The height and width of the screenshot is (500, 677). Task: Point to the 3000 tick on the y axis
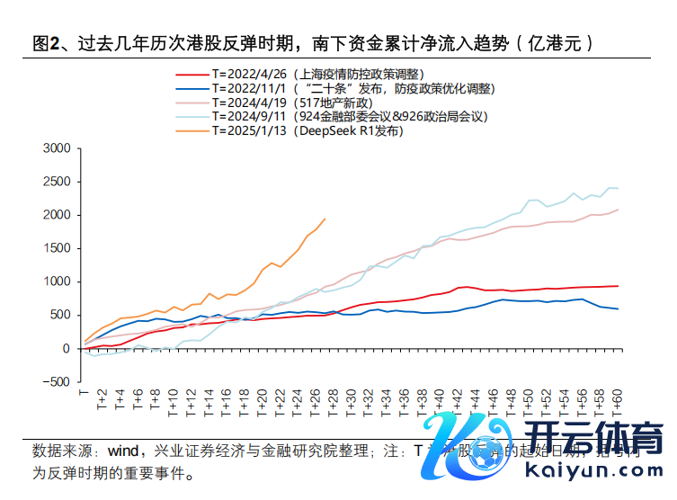coord(57,148)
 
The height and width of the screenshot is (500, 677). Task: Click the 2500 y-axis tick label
coord(57,182)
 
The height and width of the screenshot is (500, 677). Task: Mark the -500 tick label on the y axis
coord(55,382)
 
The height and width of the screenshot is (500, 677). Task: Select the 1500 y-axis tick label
coord(57,248)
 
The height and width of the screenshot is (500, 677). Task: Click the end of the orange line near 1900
coord(325,219)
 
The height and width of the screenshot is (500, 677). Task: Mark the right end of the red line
coord(618,286)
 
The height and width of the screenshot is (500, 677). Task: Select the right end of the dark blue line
coord(618,309)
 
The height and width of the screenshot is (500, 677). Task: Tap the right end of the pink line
coord(618,210)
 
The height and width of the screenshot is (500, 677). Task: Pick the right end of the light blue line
coord(618,189)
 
